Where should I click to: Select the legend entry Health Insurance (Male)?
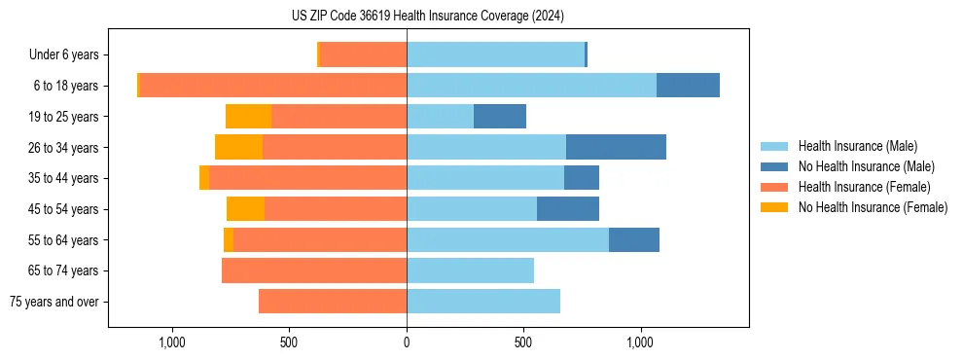click(x=857, y=146)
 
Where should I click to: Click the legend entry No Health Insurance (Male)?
click(x=866, y=166)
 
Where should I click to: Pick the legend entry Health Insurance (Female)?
click(x=864, y=187)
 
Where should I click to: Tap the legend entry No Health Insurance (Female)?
click(x=873, y=207)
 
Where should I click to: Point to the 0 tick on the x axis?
click(x=407, y=343)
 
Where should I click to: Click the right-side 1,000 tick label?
click(x=641, y=343)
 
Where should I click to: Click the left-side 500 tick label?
click(x=289, y=343)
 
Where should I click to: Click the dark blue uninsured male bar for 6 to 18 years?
click(x=688, y=86)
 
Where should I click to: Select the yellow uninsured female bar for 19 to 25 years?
click(x=248, y=117)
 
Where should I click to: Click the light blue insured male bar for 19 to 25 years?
click(x=440, y=117)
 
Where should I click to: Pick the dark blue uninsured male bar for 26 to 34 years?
click(x=616, y=148)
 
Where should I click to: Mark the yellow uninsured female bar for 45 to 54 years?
click(x=245, y=209)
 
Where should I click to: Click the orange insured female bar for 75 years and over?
click(x=333, y=302)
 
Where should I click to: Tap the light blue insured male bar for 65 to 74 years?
click(x=470, y=270)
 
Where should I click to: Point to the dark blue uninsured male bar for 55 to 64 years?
click(x=634, y=240)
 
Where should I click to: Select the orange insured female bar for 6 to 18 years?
click(x=272, y=86)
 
